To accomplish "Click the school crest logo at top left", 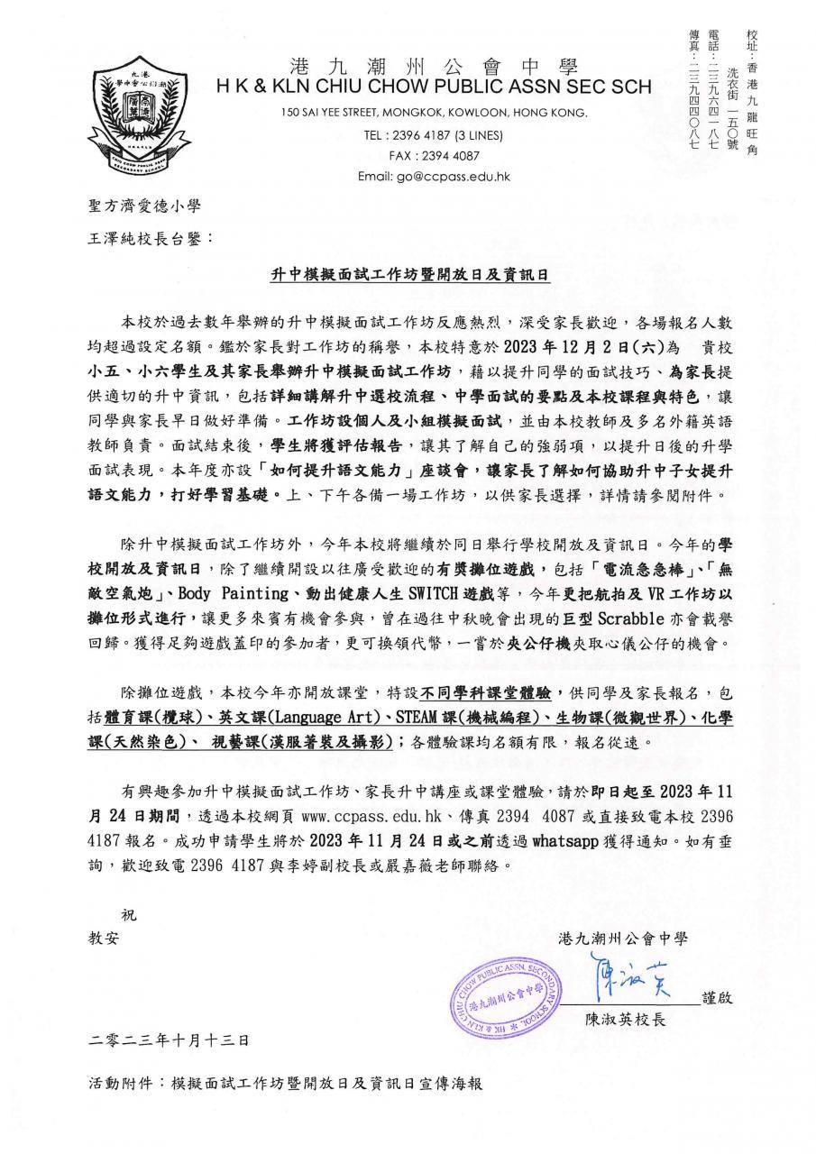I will click(134, 118).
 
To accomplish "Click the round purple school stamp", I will click(501, 994).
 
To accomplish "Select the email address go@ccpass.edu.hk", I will click(434, 176).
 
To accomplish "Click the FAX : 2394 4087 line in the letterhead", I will click(434, 156).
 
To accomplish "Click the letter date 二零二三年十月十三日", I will click(169, 1040).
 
